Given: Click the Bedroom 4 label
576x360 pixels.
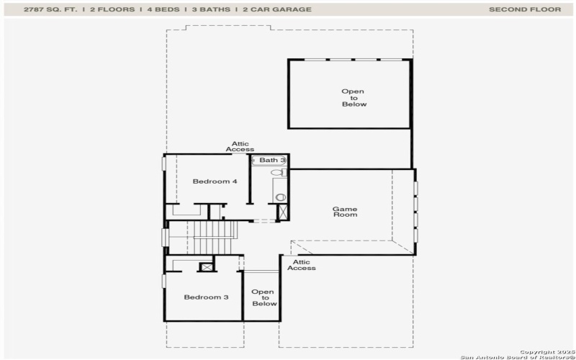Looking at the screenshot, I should point(215,181).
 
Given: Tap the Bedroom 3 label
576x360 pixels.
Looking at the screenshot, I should point(206,297).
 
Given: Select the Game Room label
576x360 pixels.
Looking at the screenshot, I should point(344,212).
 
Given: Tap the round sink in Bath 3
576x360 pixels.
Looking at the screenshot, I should point(280,197).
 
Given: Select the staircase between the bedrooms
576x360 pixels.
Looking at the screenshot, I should point(213,238).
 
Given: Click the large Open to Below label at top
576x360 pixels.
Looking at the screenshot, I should point(353,98).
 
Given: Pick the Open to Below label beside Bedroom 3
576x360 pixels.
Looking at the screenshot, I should point(264,297).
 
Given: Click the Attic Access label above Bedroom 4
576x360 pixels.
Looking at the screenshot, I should point(240,146).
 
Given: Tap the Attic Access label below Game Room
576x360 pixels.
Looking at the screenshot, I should point(301,265).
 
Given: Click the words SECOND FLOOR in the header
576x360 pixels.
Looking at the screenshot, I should point(524,9).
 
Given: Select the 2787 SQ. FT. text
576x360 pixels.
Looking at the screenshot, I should point(51,9).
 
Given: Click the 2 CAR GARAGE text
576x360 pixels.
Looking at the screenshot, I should point(277,9).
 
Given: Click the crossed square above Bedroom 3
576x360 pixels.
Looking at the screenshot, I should point(207,267).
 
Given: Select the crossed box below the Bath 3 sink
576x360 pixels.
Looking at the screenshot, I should point(282,212).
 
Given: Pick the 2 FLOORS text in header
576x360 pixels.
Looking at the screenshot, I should point(111,9).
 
